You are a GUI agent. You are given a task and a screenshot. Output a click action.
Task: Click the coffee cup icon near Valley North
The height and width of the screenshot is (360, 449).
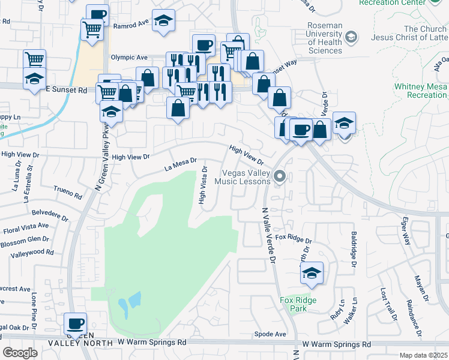tap(76, 323)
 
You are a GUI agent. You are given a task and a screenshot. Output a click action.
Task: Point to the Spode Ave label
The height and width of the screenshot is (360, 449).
tap(270, 334)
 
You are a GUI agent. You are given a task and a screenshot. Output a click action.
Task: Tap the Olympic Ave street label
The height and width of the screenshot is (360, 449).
tap(129, 58)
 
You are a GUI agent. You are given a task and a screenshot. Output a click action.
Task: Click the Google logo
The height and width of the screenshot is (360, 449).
tap(20, 353)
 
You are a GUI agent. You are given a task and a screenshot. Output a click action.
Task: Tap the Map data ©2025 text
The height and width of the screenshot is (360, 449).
tap(424, 355)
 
